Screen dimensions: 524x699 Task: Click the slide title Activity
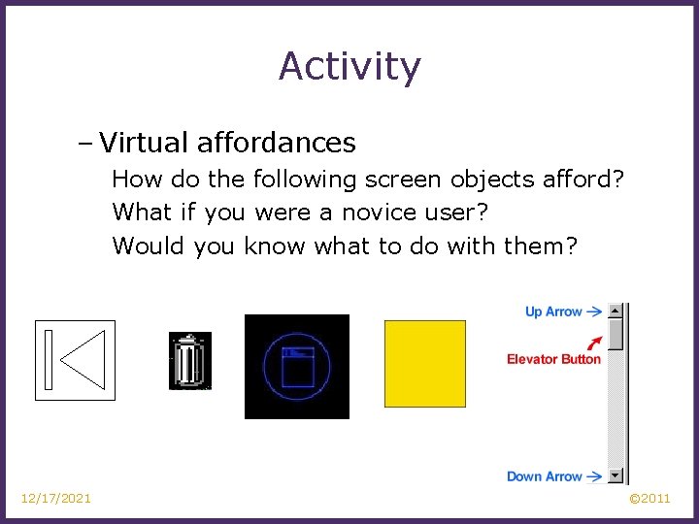(349, 67)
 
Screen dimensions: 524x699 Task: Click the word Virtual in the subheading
(144, 144)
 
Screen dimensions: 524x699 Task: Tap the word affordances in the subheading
(277, 144)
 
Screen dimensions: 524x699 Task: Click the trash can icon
(189, 361)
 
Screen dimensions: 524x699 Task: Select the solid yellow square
(425, 363)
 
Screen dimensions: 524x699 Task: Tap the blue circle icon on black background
(296, 366)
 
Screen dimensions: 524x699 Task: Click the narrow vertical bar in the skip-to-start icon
(49, 360)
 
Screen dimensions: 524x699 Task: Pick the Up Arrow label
(552, 311)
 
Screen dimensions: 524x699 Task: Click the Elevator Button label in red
(553, 359)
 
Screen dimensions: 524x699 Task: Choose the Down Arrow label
(544, 476)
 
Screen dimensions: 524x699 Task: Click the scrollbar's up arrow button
(616, 311)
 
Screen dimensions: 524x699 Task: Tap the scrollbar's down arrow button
(616, 476)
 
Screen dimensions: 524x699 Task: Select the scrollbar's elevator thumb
(616, 336)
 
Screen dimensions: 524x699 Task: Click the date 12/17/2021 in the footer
(56, 499)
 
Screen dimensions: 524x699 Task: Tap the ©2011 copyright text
(649, 499)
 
